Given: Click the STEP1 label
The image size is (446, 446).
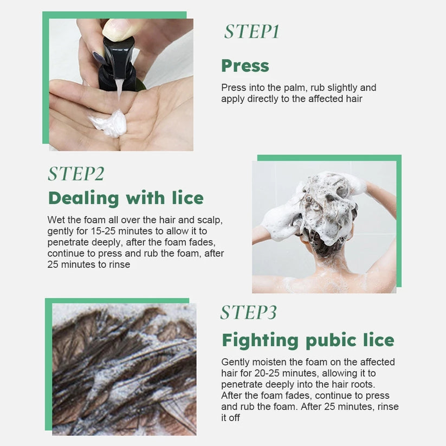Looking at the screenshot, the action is point(252,31).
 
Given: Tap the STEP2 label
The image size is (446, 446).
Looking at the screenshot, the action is point(76,173).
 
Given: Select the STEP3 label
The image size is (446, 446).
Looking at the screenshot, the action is point(249,312).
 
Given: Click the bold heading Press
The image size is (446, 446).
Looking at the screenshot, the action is point(245,66).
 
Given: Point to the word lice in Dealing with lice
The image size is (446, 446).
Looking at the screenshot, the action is point(188,198).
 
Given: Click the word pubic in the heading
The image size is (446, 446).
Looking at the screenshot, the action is point(331,340).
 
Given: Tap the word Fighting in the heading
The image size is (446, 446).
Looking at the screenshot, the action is point(260,340).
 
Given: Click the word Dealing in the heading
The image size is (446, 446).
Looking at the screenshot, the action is point(83,198).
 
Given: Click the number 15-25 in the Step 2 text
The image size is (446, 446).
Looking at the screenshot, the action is point(104,231).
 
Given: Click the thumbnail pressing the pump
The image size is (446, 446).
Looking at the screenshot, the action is point(116,28).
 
